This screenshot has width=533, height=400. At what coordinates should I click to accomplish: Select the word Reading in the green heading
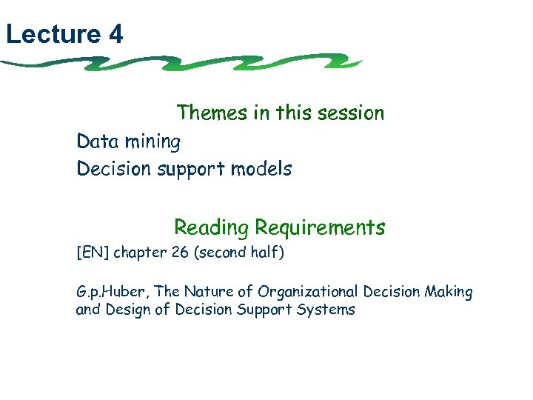pos(211,227)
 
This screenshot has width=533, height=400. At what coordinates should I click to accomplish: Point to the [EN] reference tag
pos(92,253)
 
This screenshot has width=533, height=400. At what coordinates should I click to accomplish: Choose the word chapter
pos(139,253)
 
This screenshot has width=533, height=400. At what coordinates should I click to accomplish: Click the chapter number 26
pos(179,253)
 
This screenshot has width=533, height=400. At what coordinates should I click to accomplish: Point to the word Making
pos(449,293)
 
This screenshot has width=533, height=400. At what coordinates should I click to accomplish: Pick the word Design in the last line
pos(128,310)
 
